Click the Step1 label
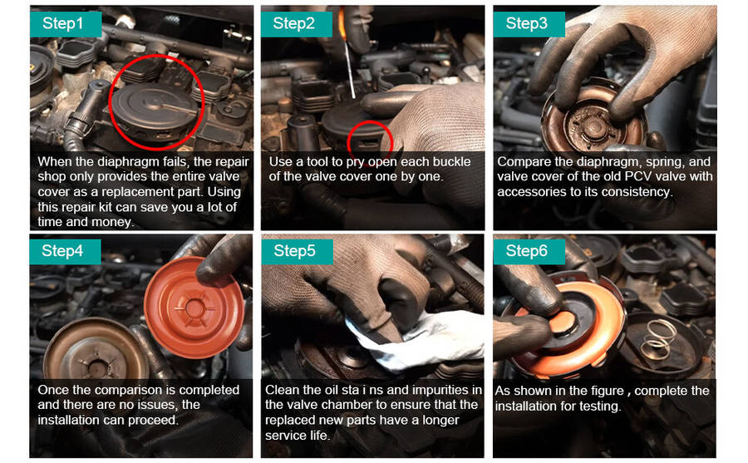66,24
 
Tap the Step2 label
296,24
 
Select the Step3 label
529,24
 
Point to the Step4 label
65,252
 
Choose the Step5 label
297,252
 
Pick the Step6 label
529,252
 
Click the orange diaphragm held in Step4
194,307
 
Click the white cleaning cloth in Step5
411,340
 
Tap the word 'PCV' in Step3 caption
639,176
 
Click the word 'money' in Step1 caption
111,223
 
